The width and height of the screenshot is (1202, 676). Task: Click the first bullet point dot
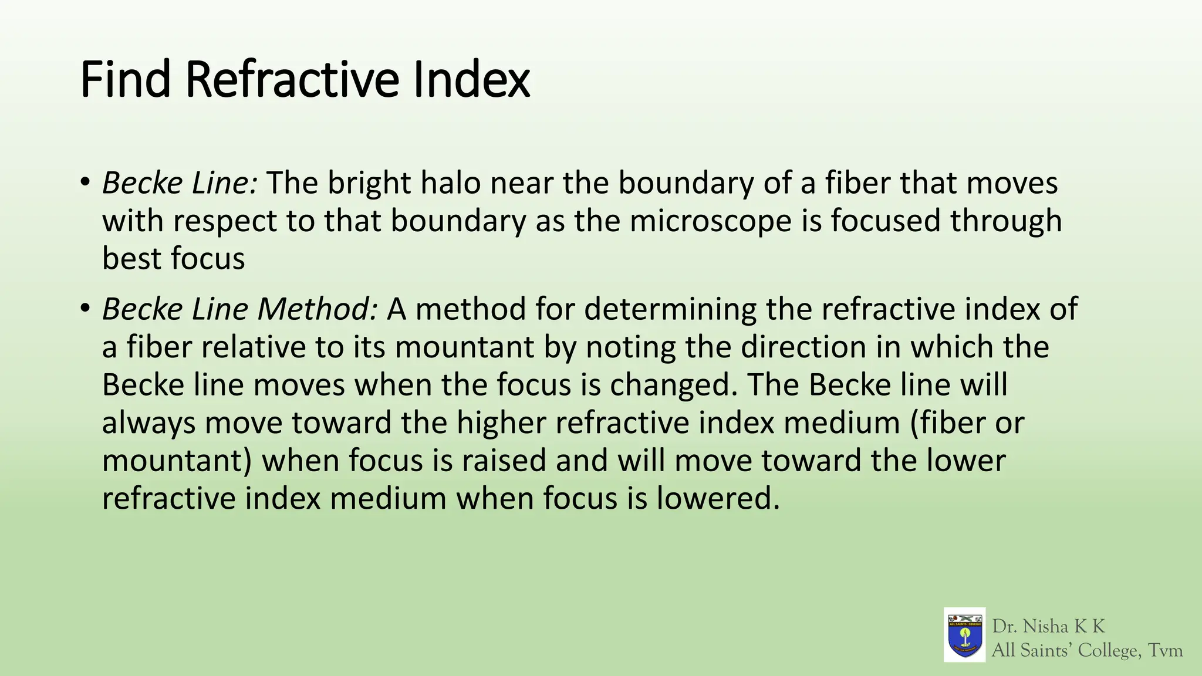[x=85, y=182]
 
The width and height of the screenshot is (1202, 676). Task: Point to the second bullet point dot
[x=85, y=307]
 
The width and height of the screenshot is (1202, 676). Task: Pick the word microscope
[x=712, y=221]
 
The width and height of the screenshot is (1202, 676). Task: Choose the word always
[x=148, y=423]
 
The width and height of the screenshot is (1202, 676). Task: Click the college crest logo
[x=964, y=634]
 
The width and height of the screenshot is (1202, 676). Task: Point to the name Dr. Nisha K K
[x=1048, y=626]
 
